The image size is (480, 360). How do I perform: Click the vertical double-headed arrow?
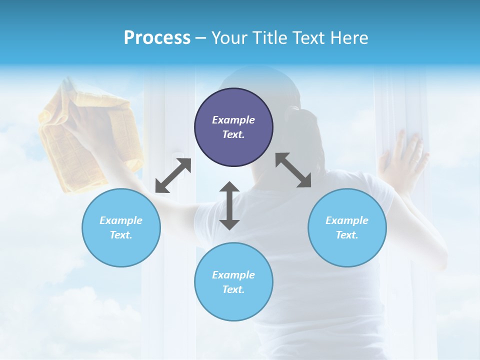click(229, 205)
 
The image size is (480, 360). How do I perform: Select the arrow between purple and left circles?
click(173, 175)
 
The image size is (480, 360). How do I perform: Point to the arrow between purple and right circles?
click(293, 170)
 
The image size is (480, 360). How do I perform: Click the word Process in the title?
click(157, 37)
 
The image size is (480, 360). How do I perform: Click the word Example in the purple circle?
click(233, 120)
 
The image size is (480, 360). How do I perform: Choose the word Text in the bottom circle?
click(233, 289)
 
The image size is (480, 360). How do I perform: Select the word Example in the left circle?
click(121, 220)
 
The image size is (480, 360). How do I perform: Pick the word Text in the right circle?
click(347, 235)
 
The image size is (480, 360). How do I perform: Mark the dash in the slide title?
click(200, 37)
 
